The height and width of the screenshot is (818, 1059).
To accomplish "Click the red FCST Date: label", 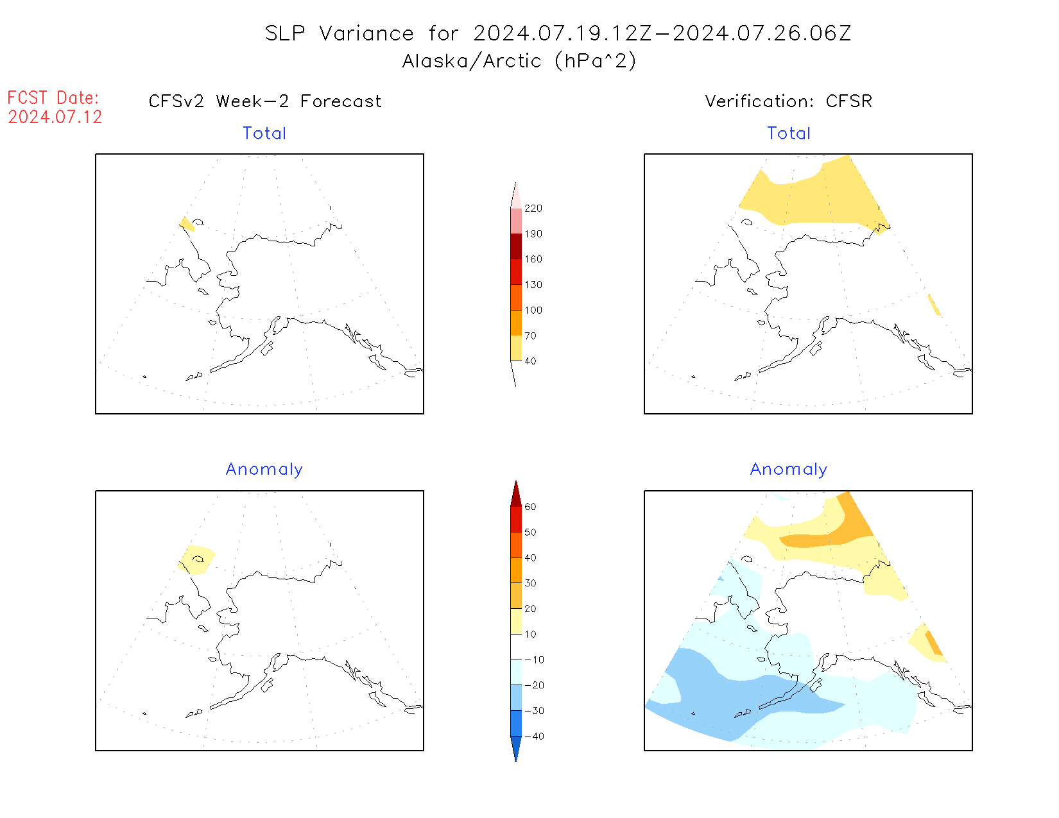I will (53, 98).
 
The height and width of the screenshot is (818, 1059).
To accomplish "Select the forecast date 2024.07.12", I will (55, 117).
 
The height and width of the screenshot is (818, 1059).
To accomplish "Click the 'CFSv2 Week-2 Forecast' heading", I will (264, 101).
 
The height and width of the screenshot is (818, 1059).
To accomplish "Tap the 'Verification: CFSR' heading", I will (788, 101).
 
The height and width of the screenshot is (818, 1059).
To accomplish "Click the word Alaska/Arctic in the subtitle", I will (472, 61).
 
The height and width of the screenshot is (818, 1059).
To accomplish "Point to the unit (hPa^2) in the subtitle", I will (596, 61).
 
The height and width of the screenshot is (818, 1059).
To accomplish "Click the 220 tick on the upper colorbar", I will (533, 209).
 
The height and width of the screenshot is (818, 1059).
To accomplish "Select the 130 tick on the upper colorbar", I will (533, 285).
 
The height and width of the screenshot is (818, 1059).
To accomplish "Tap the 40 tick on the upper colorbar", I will (530, 361).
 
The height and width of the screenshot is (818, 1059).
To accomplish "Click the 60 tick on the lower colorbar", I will (530, 507).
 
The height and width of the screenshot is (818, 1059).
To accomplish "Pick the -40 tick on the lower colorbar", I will (534, 737).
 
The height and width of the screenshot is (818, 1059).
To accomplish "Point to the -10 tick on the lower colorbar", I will (534, 660).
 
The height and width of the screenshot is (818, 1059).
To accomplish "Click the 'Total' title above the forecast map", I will (264, 133).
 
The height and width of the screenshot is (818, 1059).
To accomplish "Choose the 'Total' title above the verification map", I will (789, 133).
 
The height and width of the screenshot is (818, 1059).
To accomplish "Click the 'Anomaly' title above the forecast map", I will (264, 470).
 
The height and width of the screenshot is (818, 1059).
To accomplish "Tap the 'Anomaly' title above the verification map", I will (789, 470).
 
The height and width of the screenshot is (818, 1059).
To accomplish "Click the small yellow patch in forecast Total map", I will (186, 224).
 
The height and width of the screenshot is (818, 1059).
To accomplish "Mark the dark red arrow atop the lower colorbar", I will (516, 494).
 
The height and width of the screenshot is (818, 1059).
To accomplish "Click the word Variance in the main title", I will (366, 33).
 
